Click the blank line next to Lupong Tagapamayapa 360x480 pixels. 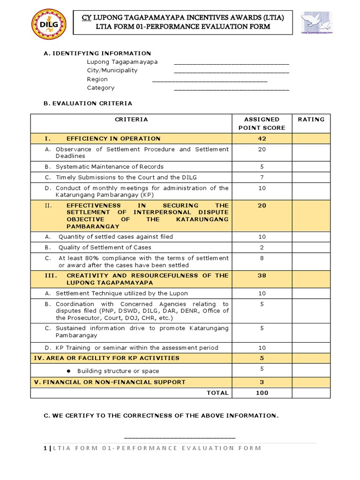231,63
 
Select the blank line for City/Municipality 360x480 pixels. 231,72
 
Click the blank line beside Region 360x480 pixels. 210,81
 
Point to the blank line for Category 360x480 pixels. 231,90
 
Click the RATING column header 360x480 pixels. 311,120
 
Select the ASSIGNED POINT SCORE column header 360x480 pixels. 262,123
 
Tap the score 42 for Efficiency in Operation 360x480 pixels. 262,139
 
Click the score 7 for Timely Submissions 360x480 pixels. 262,177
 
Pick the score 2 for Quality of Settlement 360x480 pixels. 262,247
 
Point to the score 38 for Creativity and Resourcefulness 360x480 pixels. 262,276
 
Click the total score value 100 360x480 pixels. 262,393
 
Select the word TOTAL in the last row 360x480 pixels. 217,393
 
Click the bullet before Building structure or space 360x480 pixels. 68,371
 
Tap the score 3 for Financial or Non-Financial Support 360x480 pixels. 262,382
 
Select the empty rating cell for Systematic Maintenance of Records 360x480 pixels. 311,166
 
